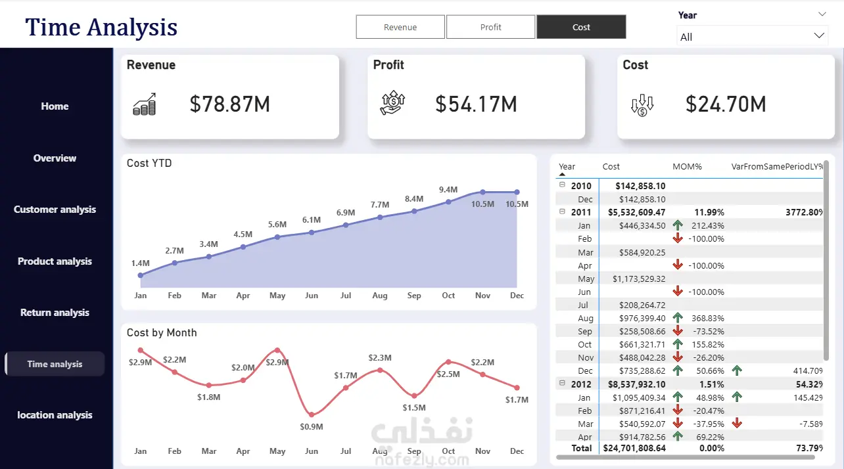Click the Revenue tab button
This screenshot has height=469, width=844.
[400, 27]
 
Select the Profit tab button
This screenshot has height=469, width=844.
[490, 27]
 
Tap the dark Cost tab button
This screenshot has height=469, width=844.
[581, 27]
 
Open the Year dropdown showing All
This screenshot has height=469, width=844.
[752, 37]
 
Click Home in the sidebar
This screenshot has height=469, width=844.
[55, 106]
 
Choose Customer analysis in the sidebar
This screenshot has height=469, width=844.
[55, 210]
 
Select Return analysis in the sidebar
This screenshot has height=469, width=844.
[55, 313]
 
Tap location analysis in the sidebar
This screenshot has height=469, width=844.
[55, 414]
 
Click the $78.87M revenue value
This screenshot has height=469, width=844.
[230, 104]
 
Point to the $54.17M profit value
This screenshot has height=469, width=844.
[477, 104]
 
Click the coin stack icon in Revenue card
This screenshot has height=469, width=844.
[145, 104]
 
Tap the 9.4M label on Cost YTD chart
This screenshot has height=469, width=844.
[448, 190]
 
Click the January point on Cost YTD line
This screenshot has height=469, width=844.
[141, 275]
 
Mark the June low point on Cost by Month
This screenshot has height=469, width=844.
[312, 414]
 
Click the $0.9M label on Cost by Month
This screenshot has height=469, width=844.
[312, 427]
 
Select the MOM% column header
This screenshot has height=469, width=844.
[688, 167]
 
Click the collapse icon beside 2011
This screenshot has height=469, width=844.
[562, 212]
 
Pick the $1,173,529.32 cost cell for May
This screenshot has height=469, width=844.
[639, 279]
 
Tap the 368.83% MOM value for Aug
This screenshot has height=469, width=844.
[707, 319]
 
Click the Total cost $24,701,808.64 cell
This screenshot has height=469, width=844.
[634, 448]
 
